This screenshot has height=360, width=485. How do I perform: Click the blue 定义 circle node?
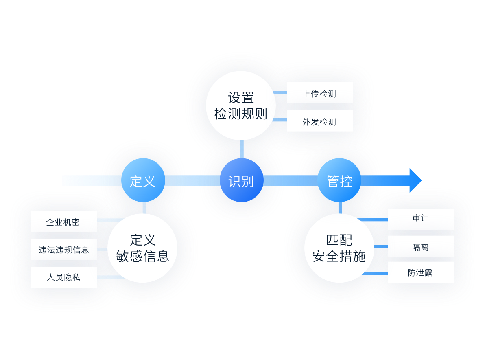(x=143, y=180)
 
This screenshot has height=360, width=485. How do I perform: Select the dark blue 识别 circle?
(x=241, y=180)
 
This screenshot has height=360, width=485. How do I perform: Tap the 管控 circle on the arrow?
(x=339, y=180)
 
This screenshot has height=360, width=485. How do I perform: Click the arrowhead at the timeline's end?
(x=415, y=180)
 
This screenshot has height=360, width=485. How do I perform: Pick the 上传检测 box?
(x=320, y=93)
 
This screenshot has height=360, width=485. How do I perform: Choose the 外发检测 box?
(x=320, y=121)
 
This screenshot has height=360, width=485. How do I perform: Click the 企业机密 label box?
(x=64, y=222)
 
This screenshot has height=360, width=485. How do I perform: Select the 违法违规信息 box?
(x=64, y=249)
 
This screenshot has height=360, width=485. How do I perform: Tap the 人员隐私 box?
(x=64, y=277)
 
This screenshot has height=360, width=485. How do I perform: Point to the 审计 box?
(x=421, y=219)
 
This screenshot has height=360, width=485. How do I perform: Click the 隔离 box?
(x=421, y=246)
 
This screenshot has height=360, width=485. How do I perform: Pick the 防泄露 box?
(x=421, y=272)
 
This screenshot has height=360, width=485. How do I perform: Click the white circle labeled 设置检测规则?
(x=241, y=105)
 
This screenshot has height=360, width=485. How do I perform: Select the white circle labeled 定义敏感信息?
(x=142, y=248)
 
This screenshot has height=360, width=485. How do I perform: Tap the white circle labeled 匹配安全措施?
(x=339, y=248)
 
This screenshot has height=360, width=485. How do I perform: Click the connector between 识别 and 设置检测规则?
(x=242, y=149)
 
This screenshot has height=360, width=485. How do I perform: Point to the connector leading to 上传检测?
(x=280, y=93)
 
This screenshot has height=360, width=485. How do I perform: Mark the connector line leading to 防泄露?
(x=375, y=273)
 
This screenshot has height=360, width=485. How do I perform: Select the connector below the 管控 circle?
(x=340, y=208)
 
